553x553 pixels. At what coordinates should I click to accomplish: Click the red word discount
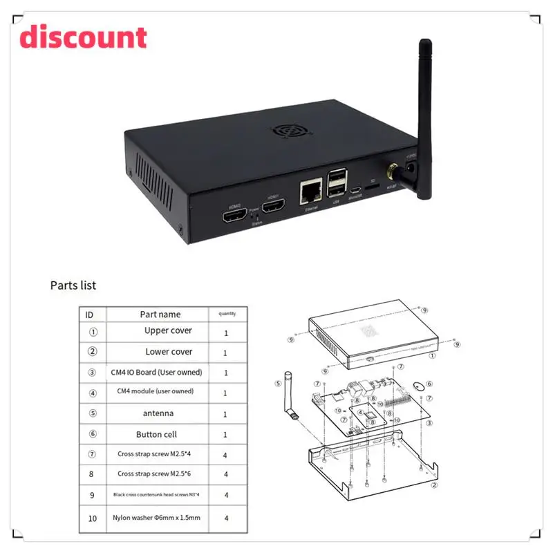pyautogui.click(x=83, y=38)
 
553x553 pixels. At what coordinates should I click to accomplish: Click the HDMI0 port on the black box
pyautogui.click(x=233, y=216)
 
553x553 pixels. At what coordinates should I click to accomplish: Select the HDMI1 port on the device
pyautogui.click(x=274, y=206)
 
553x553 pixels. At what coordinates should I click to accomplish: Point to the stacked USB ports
pyautogui.click(x=337, y=182)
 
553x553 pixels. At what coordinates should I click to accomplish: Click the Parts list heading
pyautogui.click(x=73, y=285)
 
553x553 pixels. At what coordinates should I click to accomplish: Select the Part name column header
pyautogui.click(x=160, y=315)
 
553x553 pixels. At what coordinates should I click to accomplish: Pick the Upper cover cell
pyautogui.click(x=168, y=331)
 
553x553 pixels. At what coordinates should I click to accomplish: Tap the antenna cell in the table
pyautogui.click(x=159, y=413)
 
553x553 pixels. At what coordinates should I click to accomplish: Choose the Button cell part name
pyautogui.click(x=156, y=434)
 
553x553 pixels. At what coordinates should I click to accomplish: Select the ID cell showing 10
pyautogui.click(x=93, y=517)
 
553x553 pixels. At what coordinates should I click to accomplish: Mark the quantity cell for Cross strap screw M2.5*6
pyautogui.click(x=226, y=476)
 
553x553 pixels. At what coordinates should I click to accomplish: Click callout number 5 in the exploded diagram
pyautogui.click(x=278, y=384)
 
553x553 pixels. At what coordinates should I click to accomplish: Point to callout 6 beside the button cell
pyautogui.click(x=429, y=384)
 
